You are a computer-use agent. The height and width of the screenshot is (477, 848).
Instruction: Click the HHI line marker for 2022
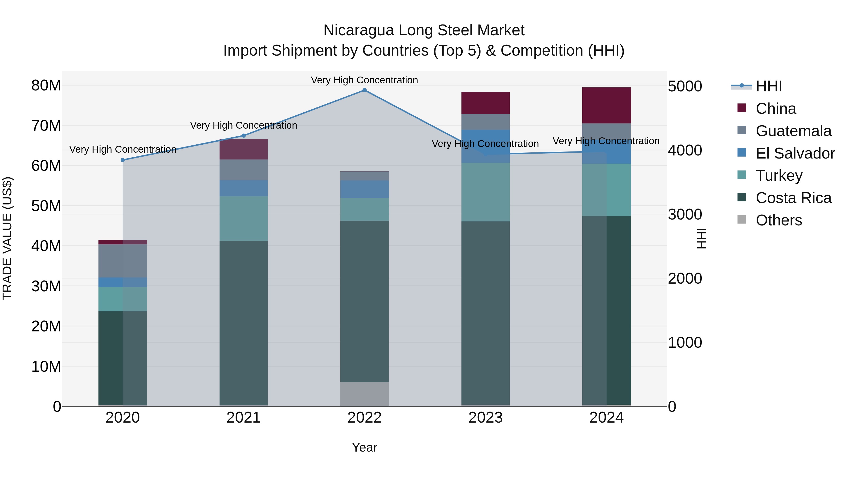tap(364, 90)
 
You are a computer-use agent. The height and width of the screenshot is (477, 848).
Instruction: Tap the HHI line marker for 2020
tap(123, 160)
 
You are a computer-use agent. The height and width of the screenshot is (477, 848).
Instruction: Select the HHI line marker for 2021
tap(244, 136)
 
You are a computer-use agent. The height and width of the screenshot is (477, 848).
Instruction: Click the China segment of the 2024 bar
tap(606, 105)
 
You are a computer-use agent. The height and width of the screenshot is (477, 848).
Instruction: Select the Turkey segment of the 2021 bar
tap(244, 218)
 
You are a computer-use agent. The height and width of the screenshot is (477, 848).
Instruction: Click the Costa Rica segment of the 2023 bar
tap(485, 313)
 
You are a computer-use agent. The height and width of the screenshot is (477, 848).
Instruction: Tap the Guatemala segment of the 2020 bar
tap(123, 261)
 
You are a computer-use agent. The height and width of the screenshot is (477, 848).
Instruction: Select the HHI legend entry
tap(768, 86)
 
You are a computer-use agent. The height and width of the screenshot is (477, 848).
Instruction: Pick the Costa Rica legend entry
tap(793, 198)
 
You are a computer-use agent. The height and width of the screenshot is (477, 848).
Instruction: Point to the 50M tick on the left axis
tap(46, 206)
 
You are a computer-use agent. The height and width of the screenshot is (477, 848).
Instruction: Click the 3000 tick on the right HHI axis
tap(685, 215)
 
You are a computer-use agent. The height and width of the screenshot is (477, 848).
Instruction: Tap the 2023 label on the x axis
tap(485, 418)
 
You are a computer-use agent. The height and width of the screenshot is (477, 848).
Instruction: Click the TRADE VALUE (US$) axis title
tap(7, 238)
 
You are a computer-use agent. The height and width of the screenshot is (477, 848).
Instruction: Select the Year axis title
tap(364, 447)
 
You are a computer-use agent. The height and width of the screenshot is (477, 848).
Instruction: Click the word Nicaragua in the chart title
tap(359, 30)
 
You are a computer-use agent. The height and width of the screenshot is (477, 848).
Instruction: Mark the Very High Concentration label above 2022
tap(364, 80)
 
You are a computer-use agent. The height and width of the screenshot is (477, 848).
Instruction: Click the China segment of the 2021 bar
tap(244, 149)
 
